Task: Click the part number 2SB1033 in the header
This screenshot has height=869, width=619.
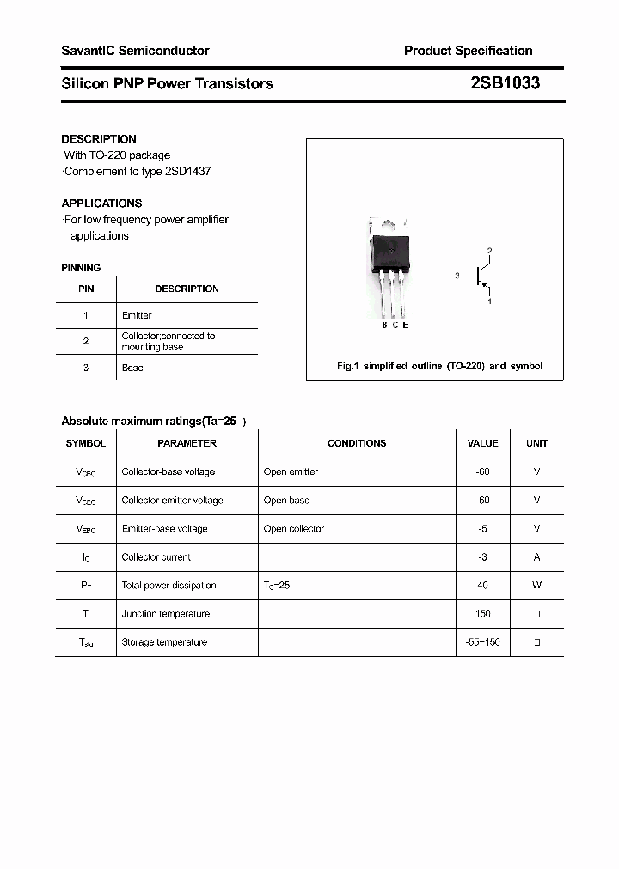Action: point(506,83)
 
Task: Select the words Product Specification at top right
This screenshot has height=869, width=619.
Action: point(468,51)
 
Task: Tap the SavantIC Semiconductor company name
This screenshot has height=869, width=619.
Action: point(135,51)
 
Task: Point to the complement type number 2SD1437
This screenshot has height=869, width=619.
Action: point(187,171)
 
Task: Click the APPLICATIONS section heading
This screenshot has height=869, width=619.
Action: point(101,204)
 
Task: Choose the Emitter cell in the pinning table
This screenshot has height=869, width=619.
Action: point(137,315)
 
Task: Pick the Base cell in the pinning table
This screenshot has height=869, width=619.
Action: point(132,368)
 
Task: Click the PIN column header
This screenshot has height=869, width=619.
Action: point(86,289)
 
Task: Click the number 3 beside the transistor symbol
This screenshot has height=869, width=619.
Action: point(458,276)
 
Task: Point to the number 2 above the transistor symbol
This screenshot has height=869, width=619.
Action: point(489,251)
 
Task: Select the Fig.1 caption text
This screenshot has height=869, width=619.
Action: point(438,366)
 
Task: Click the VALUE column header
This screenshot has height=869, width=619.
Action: point(482,443)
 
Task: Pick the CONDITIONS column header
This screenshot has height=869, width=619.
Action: point(357,443)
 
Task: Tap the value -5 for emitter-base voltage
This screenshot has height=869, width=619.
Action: point(482,528)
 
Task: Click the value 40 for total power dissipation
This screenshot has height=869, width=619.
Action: point(482,585)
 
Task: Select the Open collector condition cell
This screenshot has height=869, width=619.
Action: point(294,528)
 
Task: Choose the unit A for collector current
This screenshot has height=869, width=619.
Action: point(536,556)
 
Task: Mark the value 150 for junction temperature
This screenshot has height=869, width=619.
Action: point(482,613)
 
